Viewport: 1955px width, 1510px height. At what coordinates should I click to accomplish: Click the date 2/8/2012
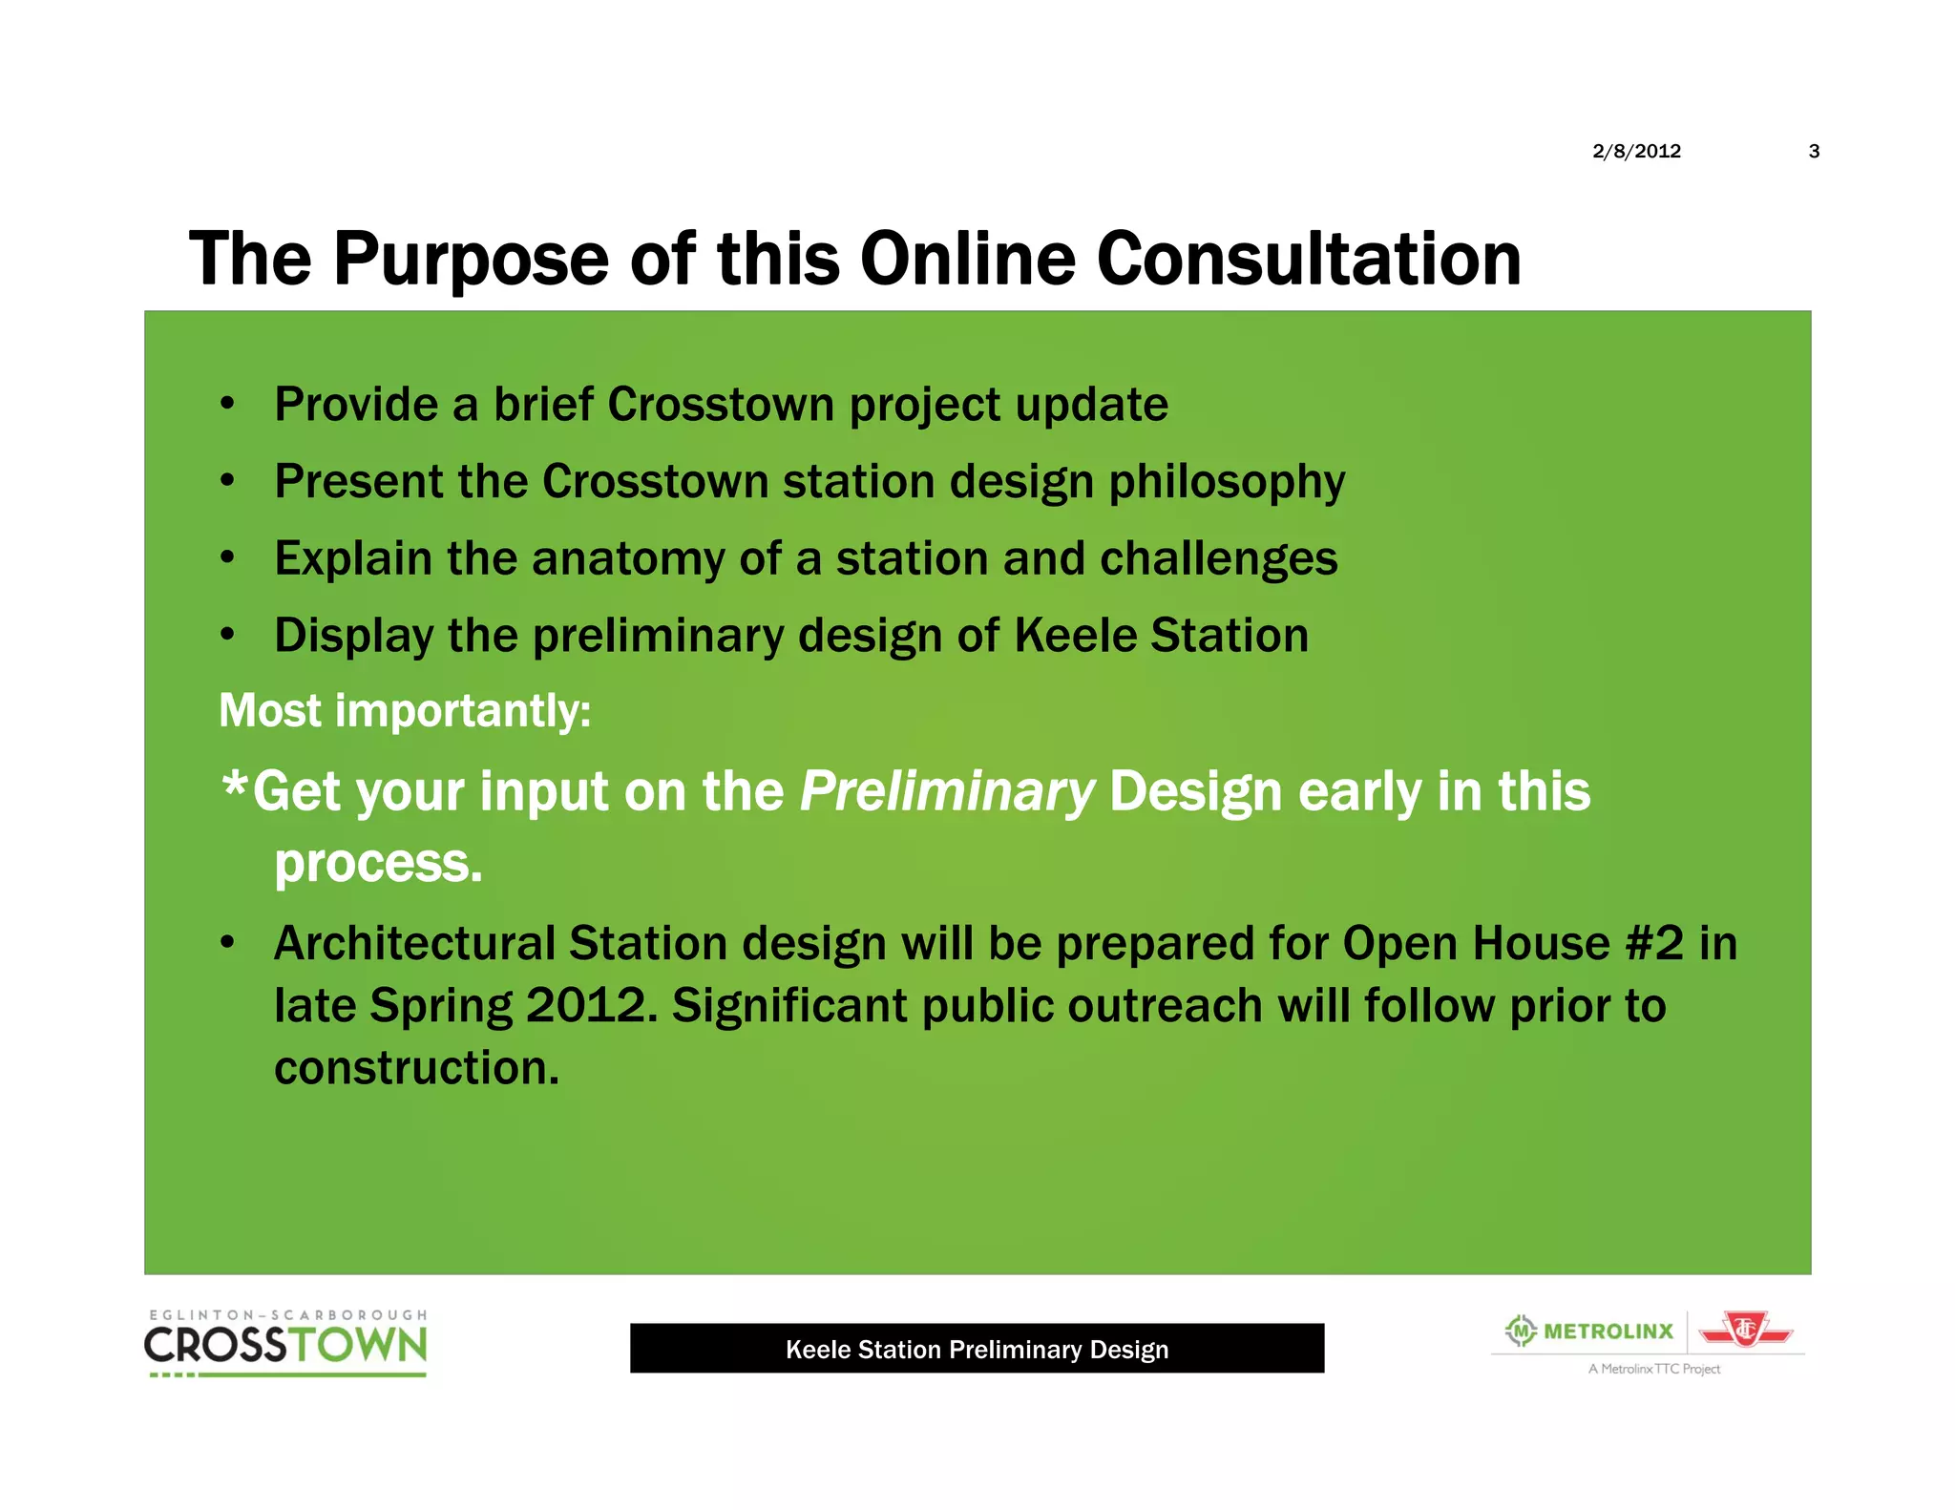[1636, 151]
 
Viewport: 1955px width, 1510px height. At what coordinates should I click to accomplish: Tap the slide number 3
[1814, 151]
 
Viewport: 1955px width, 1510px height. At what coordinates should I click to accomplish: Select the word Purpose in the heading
[470, 259]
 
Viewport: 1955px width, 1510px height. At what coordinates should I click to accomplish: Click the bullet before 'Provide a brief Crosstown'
[227, 404]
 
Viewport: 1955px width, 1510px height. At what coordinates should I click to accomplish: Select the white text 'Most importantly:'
[405, 711]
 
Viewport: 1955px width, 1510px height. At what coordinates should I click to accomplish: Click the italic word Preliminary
[946, 792]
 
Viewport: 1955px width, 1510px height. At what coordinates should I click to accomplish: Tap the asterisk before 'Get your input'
[234, 787]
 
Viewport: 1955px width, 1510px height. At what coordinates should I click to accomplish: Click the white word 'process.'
[378, 864]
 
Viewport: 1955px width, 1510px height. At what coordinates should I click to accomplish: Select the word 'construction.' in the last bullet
[416, 1067]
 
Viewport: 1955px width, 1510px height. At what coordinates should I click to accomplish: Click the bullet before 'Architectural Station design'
[227, 943]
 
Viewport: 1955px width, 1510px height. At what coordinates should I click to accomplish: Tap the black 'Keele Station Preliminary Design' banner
[977, 1349]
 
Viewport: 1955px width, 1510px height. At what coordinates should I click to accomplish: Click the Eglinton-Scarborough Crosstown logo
[285, 1342]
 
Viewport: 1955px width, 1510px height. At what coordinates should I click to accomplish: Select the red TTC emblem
[1745, 1330]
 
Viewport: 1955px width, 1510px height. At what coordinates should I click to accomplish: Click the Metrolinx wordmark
[1608, 1331]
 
